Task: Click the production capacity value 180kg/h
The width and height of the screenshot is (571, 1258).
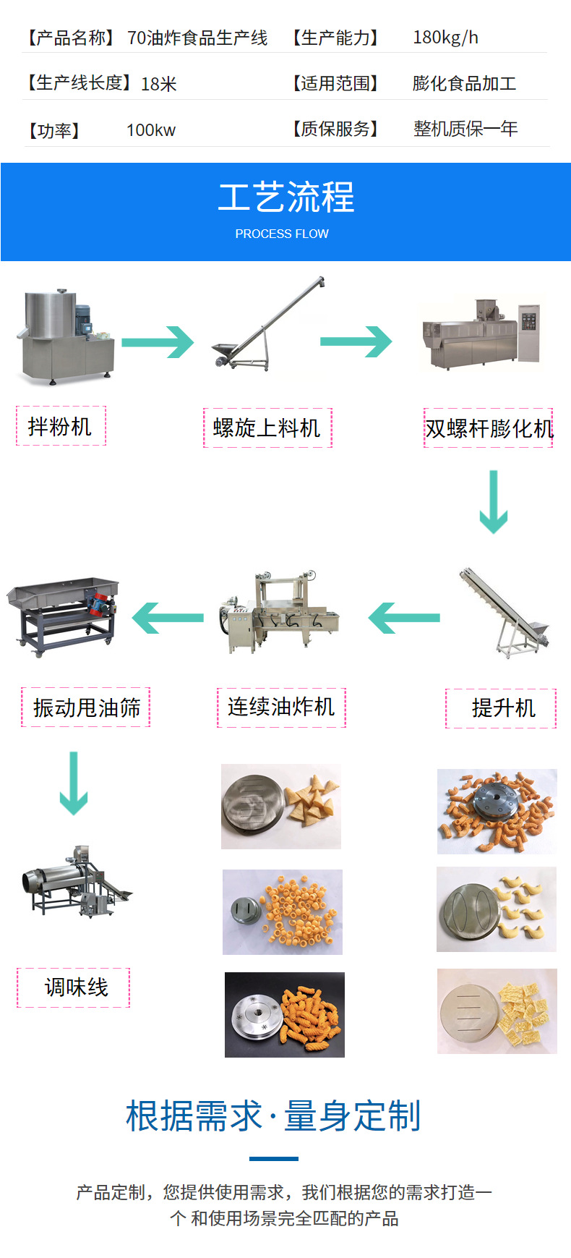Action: (445, 38)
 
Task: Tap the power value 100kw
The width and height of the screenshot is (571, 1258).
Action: (150, 130)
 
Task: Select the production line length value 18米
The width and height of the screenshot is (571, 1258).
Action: (158, 85)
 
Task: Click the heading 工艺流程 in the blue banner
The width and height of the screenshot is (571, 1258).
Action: (285, 197)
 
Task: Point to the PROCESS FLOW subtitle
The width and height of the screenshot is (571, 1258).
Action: (282, 234)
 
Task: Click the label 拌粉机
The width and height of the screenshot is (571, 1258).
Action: (61, 426)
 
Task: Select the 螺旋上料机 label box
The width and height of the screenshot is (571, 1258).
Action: (267, 428)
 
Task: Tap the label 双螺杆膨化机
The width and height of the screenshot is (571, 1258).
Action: (489, 428)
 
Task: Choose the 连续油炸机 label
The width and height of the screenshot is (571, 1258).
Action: (281, 707)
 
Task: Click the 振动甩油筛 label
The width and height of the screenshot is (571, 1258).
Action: (86, 707)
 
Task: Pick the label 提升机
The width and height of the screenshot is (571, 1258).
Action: (501, 707)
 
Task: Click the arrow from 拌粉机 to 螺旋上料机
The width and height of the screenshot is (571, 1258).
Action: (158, 341)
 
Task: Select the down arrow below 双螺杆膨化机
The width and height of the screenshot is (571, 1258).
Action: (494, 502)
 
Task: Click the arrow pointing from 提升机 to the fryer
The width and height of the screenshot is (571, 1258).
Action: (404, 618)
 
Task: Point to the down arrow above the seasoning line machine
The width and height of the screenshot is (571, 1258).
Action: (73, 783)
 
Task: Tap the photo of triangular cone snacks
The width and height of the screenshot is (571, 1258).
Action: (281, 807)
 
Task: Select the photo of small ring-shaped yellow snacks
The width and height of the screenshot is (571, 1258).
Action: (283, 912)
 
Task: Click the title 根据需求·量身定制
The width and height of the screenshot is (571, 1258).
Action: (273, 1115)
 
